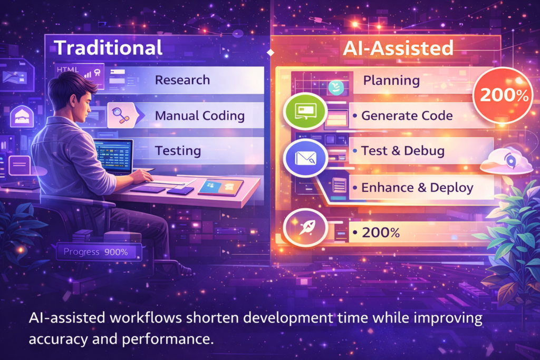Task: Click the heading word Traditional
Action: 108,47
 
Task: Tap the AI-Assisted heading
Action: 398,48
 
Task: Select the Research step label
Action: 182,80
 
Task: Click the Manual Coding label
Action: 200,115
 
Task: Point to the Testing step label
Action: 178,151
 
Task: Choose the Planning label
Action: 392,81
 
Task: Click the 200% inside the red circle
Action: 504,95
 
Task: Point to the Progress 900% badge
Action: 99,252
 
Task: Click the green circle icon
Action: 305,111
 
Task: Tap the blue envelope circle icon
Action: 305,158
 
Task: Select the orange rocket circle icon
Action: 305,228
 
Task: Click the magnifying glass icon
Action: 121,115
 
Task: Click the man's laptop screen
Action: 114,156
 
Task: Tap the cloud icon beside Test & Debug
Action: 506,161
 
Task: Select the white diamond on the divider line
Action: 271,52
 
